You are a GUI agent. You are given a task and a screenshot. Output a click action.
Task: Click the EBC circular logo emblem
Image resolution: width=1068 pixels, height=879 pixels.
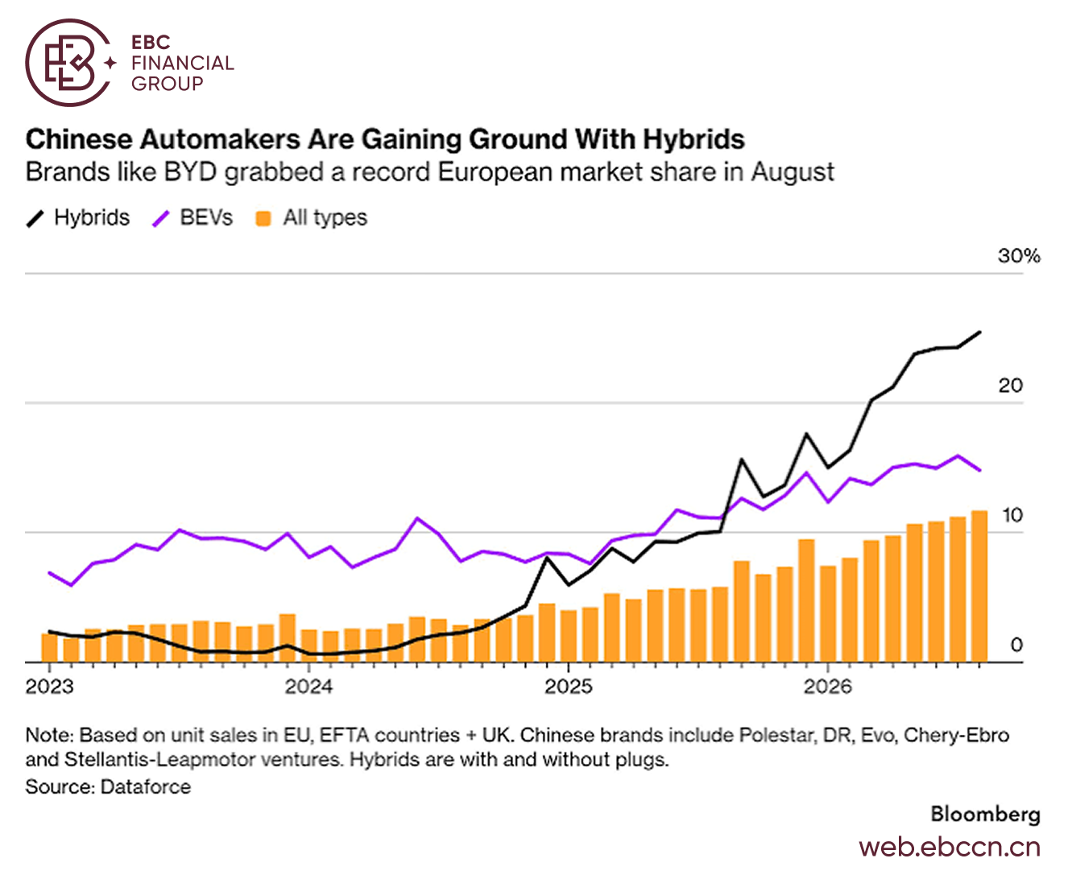coord(70,63)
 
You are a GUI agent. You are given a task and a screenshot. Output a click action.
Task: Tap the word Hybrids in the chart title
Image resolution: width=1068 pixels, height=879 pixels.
coord(693,139)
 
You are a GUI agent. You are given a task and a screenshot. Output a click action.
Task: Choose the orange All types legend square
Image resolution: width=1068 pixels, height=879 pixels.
coord(263,218)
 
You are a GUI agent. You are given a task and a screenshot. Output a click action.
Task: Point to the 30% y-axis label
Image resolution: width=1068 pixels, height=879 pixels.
coord(1019,256)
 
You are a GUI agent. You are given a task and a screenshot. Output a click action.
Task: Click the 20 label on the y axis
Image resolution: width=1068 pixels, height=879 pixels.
coord(1010,386)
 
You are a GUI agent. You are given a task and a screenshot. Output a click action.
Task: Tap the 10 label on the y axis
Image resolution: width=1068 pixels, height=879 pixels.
coord(1012,515)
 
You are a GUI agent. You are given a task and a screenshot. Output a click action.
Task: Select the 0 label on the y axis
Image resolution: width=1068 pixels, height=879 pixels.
coord(1016,646)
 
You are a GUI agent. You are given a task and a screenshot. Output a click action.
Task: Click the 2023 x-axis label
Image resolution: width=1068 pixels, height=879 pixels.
coord(50,687)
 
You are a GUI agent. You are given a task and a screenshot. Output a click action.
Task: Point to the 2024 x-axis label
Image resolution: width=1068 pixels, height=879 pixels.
coord(309,687)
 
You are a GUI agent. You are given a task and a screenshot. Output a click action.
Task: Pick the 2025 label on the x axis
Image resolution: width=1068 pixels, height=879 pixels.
coord(569,687)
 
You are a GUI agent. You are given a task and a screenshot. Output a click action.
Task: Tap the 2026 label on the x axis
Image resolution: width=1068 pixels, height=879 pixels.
coord(828,687)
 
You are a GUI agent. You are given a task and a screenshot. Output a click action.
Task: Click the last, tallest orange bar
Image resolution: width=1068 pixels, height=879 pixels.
coord(979,587)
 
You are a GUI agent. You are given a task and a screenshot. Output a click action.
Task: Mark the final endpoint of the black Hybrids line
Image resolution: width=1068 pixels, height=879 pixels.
coord(979,332)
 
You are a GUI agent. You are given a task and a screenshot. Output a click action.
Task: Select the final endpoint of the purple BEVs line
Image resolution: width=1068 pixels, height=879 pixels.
coord(979,470)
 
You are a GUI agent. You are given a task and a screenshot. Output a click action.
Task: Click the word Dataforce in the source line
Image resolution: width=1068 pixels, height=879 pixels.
coord(146,787)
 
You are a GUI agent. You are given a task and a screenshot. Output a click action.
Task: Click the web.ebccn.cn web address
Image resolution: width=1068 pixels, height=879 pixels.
coord(950,848)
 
